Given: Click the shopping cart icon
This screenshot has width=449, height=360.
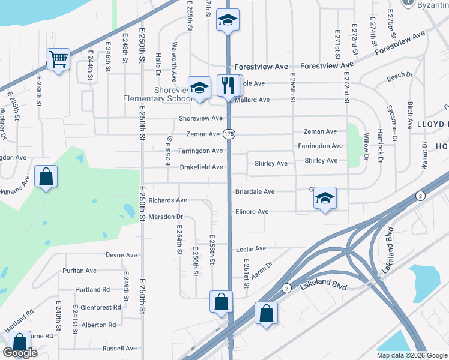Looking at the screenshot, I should click(x=58, y=59).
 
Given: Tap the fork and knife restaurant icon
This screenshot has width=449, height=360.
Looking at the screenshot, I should click(x=226, y=85).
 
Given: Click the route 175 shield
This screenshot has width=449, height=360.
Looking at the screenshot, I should click(x=228, y=134).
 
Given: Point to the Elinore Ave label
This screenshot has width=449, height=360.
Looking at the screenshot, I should click(x=252, y=212).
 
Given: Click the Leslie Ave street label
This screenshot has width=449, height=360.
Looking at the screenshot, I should click(x=251, y=248).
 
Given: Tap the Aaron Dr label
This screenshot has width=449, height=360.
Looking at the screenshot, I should click(x=262, y=269).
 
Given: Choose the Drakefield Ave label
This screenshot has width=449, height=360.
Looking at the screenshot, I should click(x=202, y=167).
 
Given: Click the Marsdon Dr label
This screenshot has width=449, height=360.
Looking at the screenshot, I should click(x=165, y=217).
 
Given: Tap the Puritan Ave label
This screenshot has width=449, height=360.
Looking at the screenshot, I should click(x=79, y=271).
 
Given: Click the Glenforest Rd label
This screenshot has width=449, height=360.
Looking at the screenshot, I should click(x=100, y=307).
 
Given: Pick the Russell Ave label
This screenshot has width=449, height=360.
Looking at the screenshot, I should click(x=119, y=348).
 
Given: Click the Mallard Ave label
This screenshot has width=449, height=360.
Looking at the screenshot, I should click(x=254, y=100).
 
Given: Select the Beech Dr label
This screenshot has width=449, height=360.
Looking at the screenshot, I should click(x=400, y=76).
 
